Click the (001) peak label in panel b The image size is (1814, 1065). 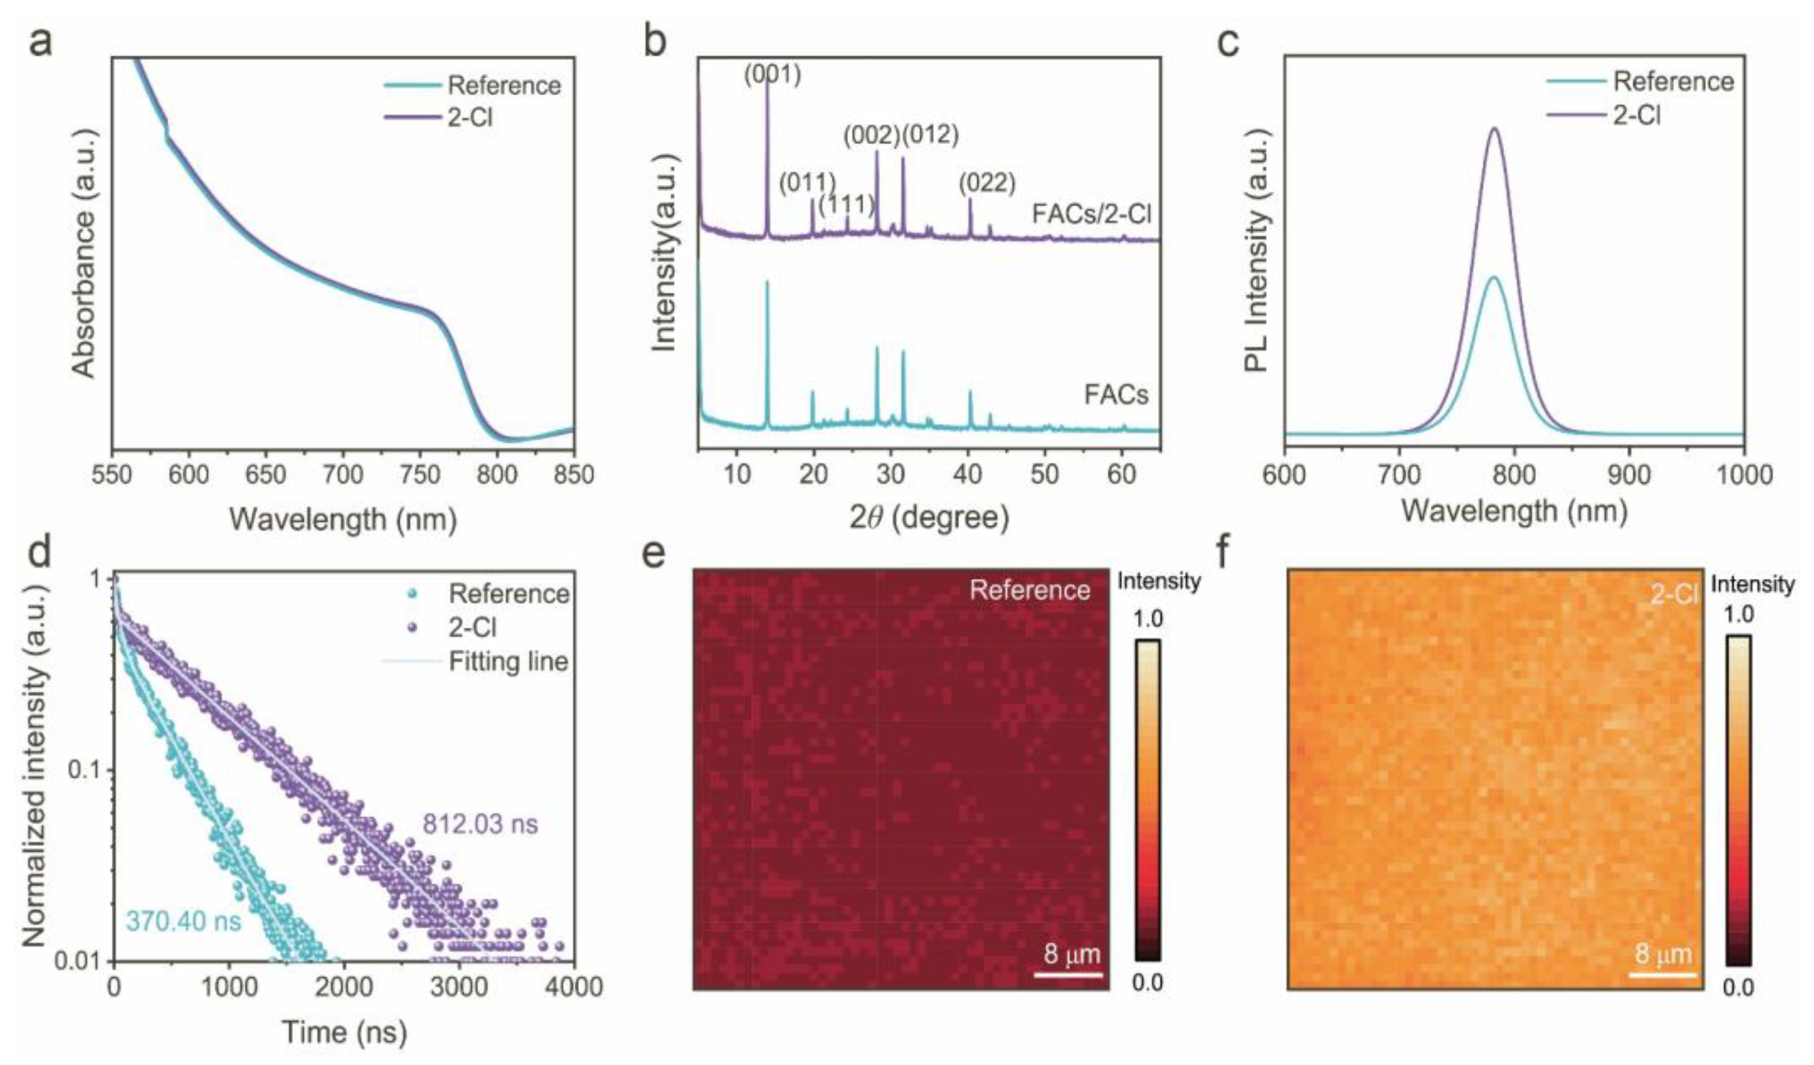[772, 74]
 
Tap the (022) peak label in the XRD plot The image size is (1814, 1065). [987, 183]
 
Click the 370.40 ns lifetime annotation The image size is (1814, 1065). [183, 921]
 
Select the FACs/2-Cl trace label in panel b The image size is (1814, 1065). [1091, 214]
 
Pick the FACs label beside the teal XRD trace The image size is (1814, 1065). [1116, 394]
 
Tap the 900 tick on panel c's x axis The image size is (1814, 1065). [1629, 475]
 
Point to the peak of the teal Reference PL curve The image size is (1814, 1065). [1493, 278]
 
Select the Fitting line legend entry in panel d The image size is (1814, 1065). [508, 661]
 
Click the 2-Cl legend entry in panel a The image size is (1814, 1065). [470, 118]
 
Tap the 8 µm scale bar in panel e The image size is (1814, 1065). [1068, 974]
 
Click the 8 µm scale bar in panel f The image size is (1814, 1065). [1663, 974]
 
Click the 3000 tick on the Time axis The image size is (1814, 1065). [459, 987]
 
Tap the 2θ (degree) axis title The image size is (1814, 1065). [928, 518]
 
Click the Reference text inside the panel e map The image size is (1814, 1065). [1029, 590]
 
